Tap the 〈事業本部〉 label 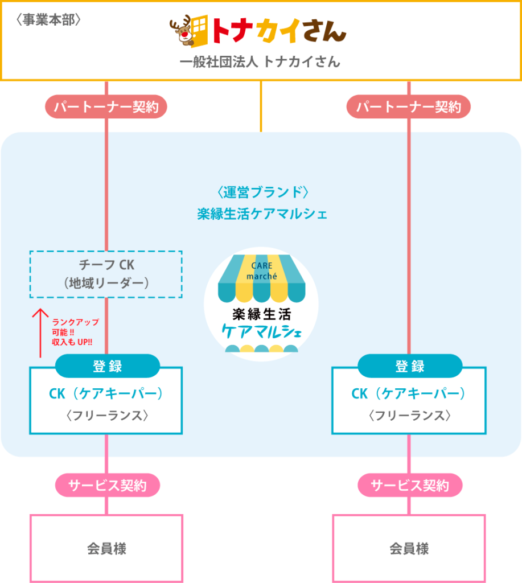(50, 19)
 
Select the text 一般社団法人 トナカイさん (260, 62)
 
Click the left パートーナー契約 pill (106, 106)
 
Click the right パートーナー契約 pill (409, 106)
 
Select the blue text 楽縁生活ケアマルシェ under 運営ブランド (260, 214)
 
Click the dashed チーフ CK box (106, 274)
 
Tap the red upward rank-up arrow (40, 333)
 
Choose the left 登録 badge (107, 366)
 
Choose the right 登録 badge (409, 366)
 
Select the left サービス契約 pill (107, 486)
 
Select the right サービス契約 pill (410, 486)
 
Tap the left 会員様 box (106, 548)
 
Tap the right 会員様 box (409, 548)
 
